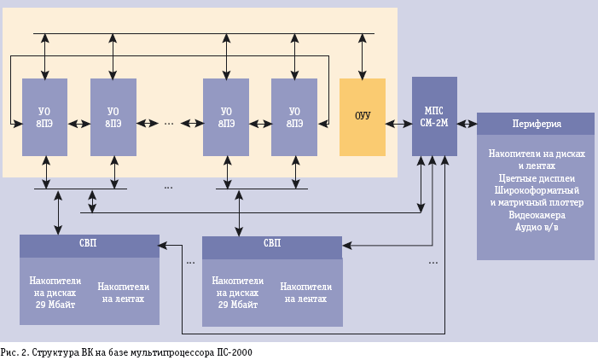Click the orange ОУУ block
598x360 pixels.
point(363,117)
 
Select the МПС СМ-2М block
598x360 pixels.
point(434,117)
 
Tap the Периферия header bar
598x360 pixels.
point(536,124)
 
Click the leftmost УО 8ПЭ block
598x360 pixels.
point(44,117)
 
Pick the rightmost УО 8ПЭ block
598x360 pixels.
point(294,117)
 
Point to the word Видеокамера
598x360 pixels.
point(537,215)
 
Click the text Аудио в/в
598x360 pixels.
point(537,227)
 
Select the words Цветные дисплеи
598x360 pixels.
point(537,178)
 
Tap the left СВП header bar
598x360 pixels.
point(89,244)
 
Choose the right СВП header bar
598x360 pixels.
point(271,244)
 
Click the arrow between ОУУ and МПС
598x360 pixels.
point(398,124)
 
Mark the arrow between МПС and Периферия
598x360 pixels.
point(467,124)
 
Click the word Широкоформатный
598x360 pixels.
point(535,190)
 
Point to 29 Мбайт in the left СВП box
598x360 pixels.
point(55,304)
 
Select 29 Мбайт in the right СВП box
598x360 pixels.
point(238,304)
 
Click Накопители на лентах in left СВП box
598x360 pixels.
point(124,293)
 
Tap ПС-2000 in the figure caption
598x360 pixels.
point(234,351)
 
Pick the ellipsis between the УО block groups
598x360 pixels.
point(169,123)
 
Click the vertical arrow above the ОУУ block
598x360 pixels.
point(363,56)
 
